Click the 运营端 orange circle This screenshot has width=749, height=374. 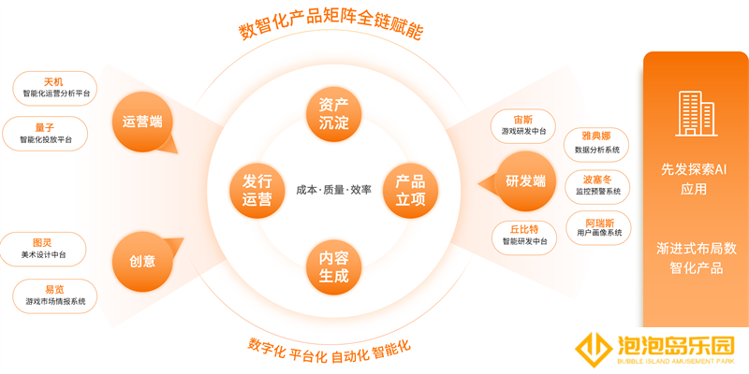point(142,122)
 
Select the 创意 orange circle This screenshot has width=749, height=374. point(142,261)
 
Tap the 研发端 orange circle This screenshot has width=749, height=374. point(526,180)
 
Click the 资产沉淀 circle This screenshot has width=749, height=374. point(334,114)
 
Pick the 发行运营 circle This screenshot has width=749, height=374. point(257,191)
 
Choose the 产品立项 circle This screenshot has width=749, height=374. point(410,191)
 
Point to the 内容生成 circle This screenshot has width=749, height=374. point(334,267)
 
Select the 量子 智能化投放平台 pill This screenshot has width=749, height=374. point(45,134)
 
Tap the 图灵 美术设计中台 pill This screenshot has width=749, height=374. point(44,249)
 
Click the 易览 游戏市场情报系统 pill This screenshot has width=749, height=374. point(55,295)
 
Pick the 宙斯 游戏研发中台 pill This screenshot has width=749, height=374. point(523,126)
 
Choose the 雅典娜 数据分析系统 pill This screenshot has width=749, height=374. point(596,145)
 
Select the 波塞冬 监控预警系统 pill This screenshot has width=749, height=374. point(597,186)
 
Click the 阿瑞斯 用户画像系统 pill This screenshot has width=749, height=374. point(599,228)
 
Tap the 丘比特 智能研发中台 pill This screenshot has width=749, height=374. point(524,237)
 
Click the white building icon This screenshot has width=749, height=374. point(696,113)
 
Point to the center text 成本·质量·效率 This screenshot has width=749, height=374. point(333,190)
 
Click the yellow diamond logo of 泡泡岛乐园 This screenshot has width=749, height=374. point(595,350)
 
